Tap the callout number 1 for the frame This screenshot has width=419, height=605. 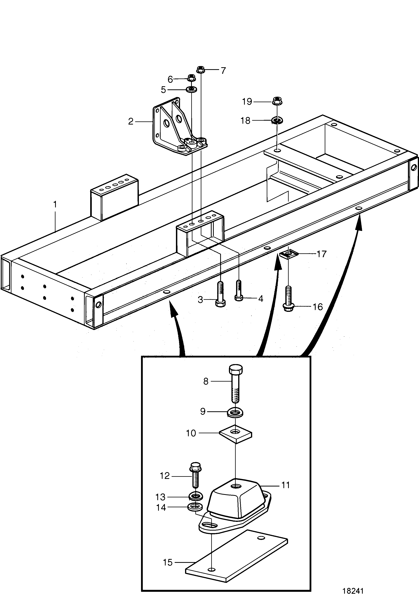click(55, 204)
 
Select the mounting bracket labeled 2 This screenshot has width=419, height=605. click(180, 126)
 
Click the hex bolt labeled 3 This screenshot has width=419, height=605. click(220, 294)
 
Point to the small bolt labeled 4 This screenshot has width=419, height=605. click(238, 290)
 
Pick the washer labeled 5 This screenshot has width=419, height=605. click(192, 90)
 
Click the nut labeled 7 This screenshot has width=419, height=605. click(200, 69)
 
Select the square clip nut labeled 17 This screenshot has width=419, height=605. click(288, 254)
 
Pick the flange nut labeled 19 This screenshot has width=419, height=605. click(277, 101)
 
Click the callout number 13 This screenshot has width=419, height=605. click(160, 497)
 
